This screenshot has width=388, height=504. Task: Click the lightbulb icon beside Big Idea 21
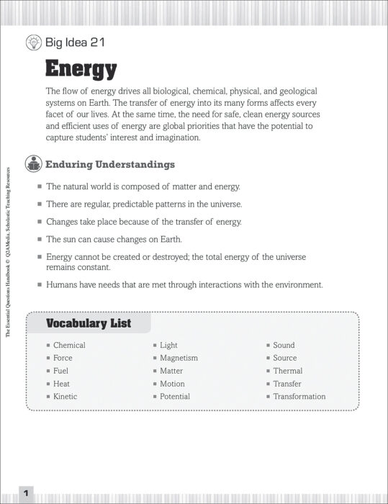(33, 42)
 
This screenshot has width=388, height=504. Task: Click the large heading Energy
(81, 69)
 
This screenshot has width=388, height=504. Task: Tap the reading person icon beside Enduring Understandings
(33, 164)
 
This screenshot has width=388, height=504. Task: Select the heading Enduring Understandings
(110, 164)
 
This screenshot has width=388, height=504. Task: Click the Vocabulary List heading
(89, 323)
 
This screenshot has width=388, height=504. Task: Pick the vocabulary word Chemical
(69, 345)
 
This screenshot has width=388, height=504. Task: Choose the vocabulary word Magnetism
(179, 358)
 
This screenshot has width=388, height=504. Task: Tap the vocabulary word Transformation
(299, 396)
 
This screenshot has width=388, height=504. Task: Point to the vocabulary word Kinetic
(66, 396)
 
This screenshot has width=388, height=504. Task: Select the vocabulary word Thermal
(288, 371)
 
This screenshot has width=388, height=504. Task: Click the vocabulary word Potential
(175, 396)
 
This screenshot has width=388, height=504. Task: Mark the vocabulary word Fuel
(61, 371)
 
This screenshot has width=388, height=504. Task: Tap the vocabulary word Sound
(284, 345)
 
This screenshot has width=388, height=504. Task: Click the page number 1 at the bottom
(25, 493)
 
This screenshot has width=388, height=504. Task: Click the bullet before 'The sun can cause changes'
(40, 239)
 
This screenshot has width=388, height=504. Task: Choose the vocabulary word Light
(168, 345)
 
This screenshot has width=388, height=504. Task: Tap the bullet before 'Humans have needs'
(40, 285)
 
